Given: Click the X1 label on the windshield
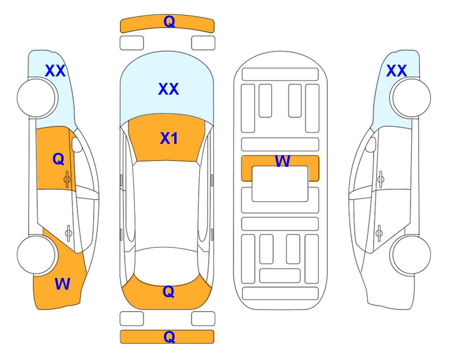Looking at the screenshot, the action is tap(169, 138).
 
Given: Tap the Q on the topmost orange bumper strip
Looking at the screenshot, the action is tap(169, 21).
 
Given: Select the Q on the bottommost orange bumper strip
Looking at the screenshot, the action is tap(169, 337).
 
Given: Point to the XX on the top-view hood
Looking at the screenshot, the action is tap(169, 89).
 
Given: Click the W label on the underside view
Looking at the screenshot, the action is tap(282, 161).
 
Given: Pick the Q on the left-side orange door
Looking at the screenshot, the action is tap(59, 159).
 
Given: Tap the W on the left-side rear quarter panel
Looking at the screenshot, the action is tap(62, 284).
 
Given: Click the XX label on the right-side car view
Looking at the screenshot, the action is tap(396, 71).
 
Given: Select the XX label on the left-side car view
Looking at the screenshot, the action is tap(55, 71).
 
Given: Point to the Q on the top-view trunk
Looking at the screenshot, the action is tap(169, 292).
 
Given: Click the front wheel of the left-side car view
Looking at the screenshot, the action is tap(37, 97).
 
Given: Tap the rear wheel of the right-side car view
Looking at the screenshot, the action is tap(411, 255).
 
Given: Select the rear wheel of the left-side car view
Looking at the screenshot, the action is tap(37, 255).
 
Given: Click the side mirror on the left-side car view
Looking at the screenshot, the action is tap(76, 144).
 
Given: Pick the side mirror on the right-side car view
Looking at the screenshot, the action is tap(371, 144).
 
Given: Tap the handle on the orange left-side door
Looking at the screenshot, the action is tap(67, 179).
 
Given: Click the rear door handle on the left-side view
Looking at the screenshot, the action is tap(68, 232).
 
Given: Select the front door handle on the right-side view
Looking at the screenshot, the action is tap(380, 179).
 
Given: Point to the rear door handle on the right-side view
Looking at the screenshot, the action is tap(379, 232).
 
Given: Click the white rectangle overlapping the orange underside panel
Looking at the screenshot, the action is tap(280, 184).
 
